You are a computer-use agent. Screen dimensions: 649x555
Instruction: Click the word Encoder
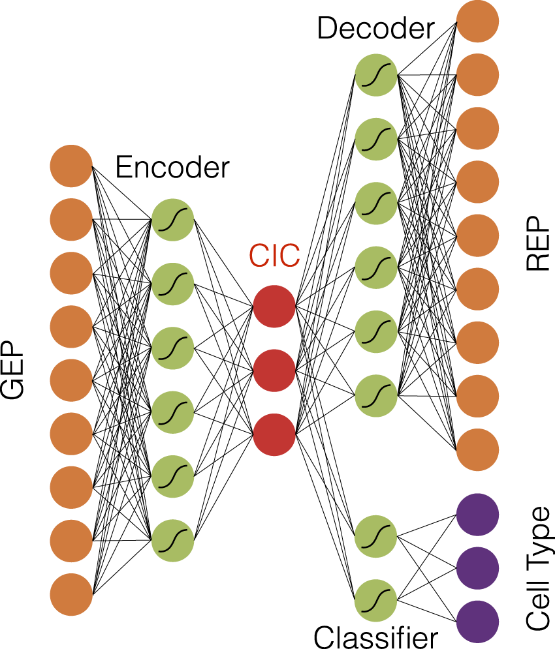[x=172, y=168]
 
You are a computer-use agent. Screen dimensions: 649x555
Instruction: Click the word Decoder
[x=375, y=29]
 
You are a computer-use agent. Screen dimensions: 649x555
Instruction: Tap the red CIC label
[x=274, y=256]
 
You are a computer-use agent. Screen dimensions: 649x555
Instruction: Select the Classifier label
[x=375, y=635]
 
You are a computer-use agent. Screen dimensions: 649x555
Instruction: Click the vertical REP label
[x=539, y=247]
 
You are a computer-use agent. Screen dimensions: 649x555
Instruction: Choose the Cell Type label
[x=539, y=569]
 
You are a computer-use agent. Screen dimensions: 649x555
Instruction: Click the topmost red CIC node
[x=274, y=306]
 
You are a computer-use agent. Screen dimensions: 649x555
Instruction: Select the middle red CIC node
[x=274, y=370]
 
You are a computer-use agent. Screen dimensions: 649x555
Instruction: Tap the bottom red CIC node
[x=274, y=434]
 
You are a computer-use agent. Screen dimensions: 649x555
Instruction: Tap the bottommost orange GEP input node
[x=71, y=594]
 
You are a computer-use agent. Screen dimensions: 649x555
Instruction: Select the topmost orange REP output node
[x=478, y=22]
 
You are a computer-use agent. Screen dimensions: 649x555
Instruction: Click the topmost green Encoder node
[x=172, y=220]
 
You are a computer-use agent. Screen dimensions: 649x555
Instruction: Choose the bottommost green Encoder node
[x=172, y=540]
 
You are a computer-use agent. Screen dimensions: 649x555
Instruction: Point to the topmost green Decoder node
[x=376, y=74]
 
